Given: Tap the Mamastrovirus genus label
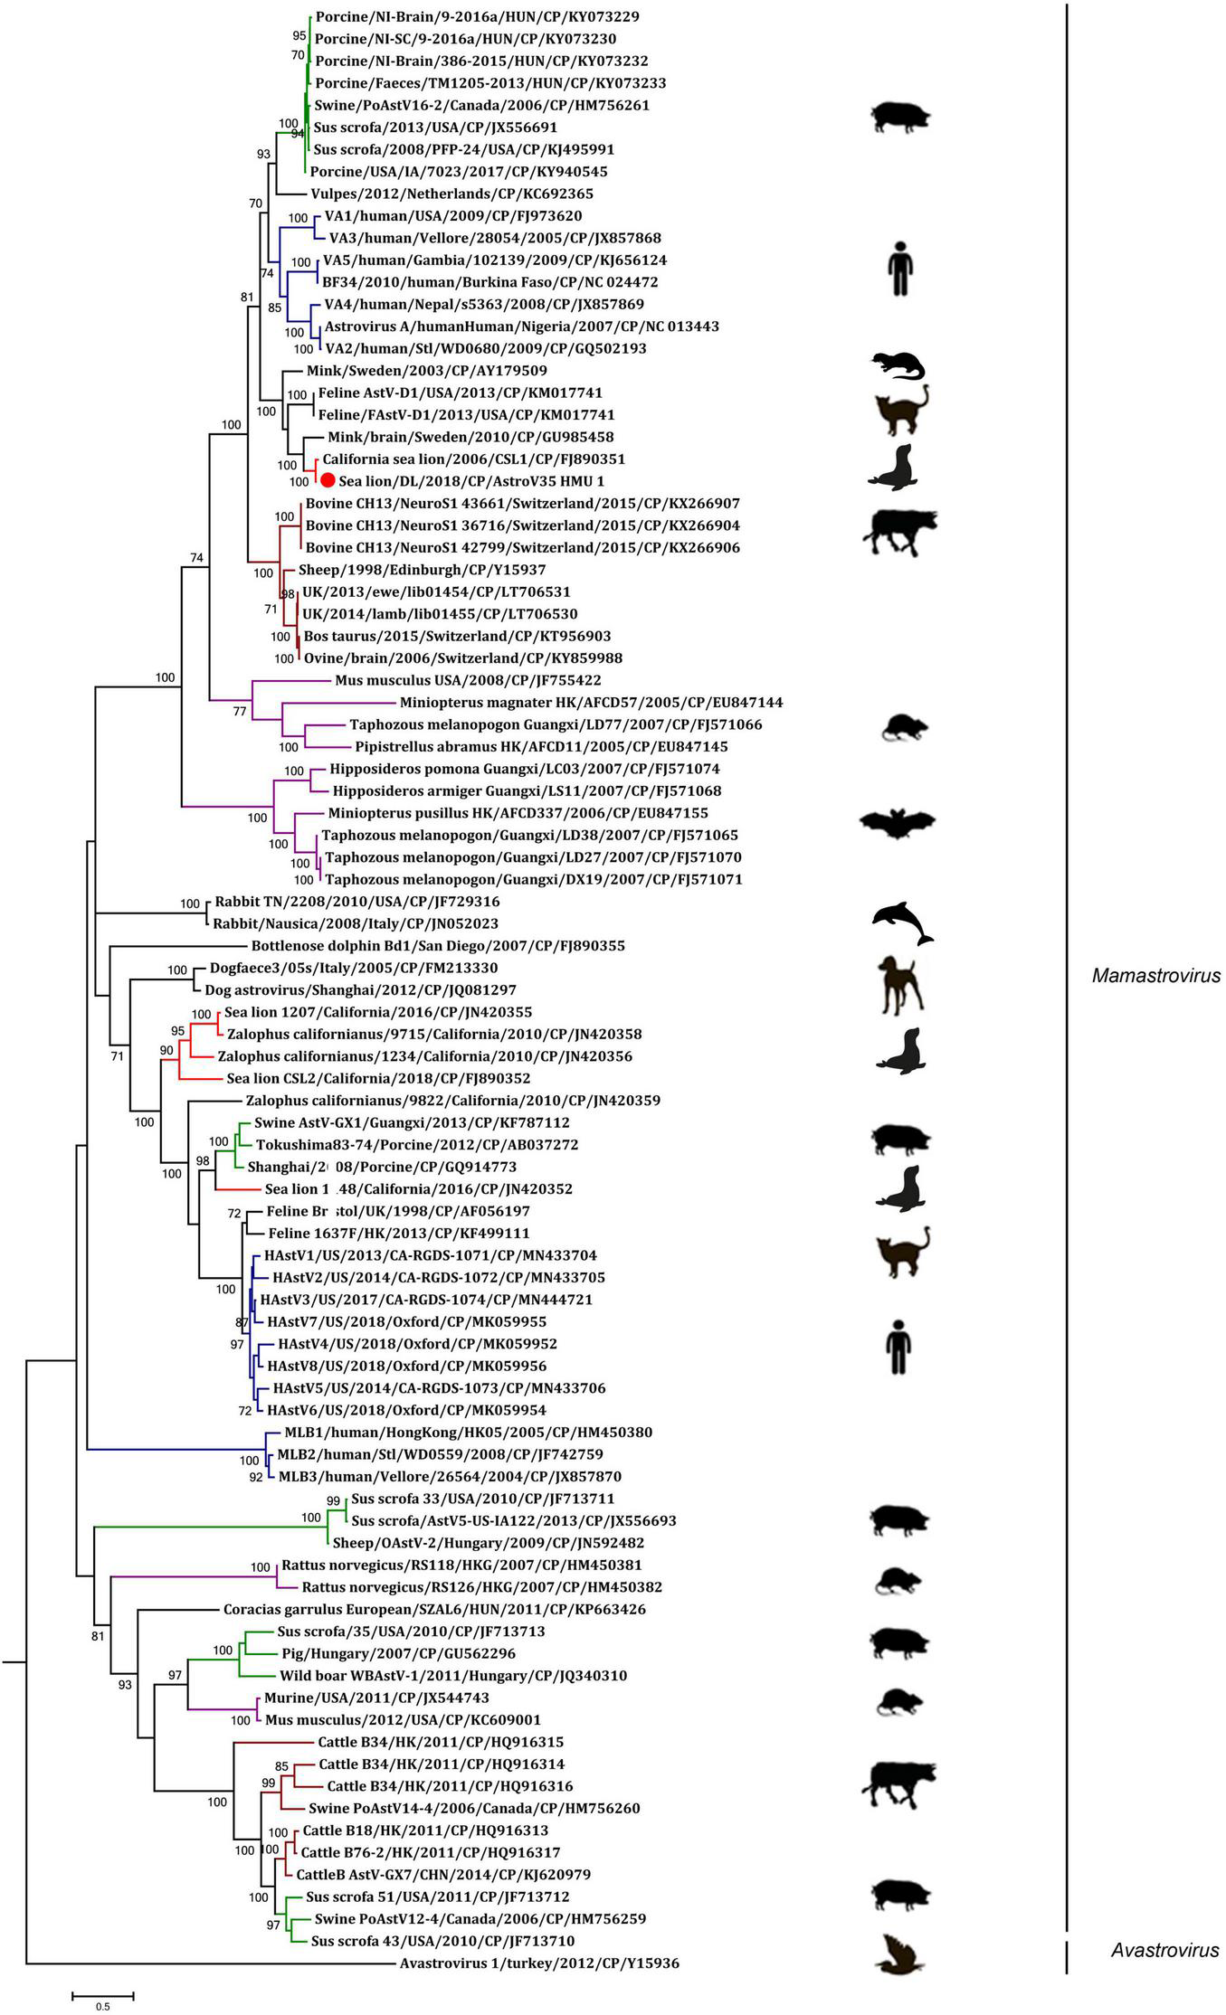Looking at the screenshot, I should pyautogui.click(x=1155, y=976).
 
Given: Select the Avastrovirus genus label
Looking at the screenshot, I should pyautogui.click(x=1164, y=1950).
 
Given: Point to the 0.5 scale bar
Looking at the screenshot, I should pyautogui.click(x=103, y=1992).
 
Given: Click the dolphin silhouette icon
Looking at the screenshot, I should pyautogui.click(x=902, y=924).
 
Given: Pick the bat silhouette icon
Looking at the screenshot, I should pyautogui.click(x=897, y=823).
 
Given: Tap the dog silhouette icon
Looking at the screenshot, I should pyautogui.click(x=901, y=984).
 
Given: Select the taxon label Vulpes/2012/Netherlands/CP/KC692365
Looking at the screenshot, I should pyautogui.click(x=451, y=194).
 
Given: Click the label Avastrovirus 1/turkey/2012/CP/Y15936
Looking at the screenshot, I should pyautogui.click(x=539, y=1963).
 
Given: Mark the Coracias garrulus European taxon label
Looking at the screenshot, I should pyautogui.click(x=434, y=1610).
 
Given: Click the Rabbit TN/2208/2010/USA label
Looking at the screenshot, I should pyautogui.click(x=356, y=902).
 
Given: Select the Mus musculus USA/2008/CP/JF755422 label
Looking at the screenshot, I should pyautogui.click(x=468, y=680).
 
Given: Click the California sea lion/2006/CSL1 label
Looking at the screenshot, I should pyautogui.click(x=473, y=459).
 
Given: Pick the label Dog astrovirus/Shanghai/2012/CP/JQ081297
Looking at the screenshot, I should pyautogui.click(x=360, y=990).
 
